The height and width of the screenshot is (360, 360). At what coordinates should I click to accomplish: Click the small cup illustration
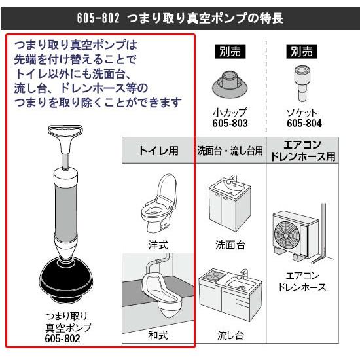click(x=230, y=84)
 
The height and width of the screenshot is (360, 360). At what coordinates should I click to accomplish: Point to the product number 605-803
click(x=230, y=124)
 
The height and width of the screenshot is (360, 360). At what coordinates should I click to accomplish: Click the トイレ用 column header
click(x=158, y=151)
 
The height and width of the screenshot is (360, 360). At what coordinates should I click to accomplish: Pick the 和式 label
click(x=158, y=336)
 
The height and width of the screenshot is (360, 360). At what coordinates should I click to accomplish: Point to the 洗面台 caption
click(x=230, y=245)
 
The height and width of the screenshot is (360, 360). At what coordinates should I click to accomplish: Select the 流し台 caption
click(x=230, y=336)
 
